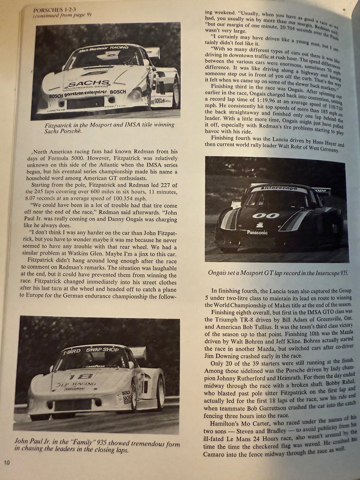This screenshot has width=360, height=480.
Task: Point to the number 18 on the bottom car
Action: pyautogui.click(x=76, y=374)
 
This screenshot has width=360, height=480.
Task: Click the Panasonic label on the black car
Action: pyautogui.click(x=257, y=232)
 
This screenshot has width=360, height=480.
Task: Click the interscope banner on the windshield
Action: pyautogui.click(x=279, y=188)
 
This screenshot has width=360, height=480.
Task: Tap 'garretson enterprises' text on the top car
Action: pyautogui.click(x=88, y=95)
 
